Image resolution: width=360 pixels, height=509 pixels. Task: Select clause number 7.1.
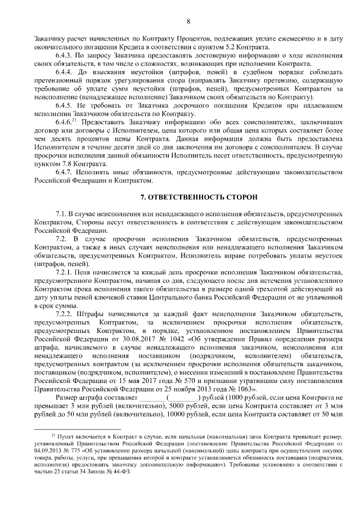[61, 215]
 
